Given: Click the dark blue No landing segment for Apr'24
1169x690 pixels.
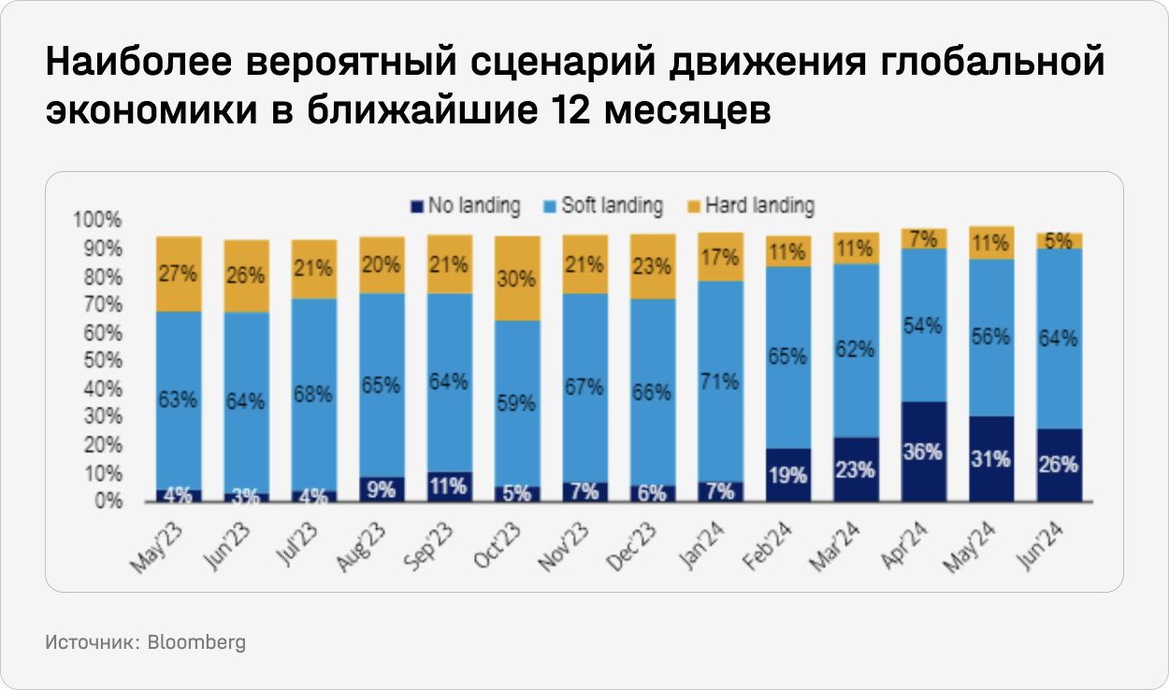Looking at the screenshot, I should click(923, 452).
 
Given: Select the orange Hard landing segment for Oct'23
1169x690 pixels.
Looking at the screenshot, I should click(517, 279).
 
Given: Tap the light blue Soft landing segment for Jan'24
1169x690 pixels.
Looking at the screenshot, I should click(720, 381).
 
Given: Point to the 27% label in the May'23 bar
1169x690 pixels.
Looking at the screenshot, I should click(179, 275).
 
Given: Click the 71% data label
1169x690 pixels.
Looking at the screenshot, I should click(720, 381).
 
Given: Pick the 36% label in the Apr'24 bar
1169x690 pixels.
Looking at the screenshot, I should click(923, 452).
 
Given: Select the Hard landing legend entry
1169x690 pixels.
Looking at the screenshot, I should click(758, 205).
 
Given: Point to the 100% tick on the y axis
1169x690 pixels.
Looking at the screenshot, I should click(97, 221).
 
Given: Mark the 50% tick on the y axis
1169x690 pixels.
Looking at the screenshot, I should click(101, 361).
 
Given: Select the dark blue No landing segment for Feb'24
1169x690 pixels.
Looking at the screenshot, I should click(787, 475).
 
